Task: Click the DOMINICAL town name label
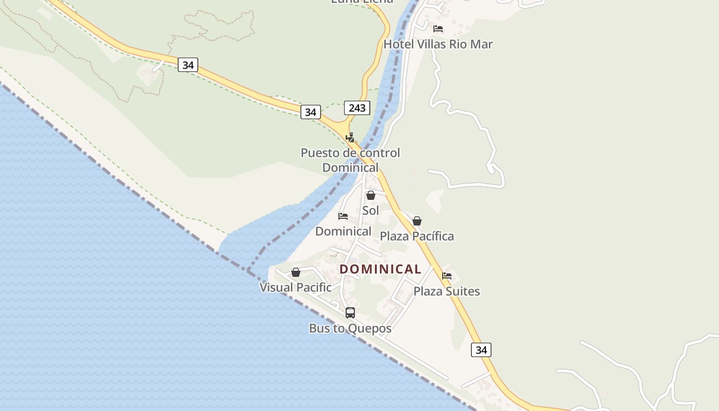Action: click(380, 269)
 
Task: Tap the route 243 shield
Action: click(357, 108)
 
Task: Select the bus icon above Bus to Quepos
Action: click(350, 312)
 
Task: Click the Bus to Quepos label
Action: click(350, 328)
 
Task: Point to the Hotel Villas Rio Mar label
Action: click(438, 44)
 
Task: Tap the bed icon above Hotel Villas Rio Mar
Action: click(438, 29)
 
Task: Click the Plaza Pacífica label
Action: click(417, 236)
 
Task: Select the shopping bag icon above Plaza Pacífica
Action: click(417, 221)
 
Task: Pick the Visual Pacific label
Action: click(296, 287)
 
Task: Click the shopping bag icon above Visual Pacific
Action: click(296, 272)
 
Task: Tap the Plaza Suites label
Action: click(447, 291)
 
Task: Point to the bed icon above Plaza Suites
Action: click(447, 276)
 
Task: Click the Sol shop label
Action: click(371, 211)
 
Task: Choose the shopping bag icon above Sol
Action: click(371, 195)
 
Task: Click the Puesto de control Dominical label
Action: click(350, 160)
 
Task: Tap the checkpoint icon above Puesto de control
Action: click(350, 137)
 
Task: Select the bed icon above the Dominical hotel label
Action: click(343, 216)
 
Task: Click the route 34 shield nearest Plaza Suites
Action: click(481, 350)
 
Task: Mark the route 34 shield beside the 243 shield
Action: click(311, 112)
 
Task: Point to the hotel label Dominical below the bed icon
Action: click(343, 232)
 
